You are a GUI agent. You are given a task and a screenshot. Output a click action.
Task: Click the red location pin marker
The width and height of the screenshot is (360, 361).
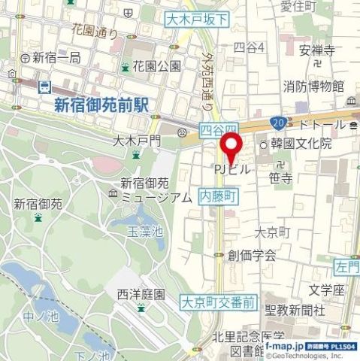point(231,145)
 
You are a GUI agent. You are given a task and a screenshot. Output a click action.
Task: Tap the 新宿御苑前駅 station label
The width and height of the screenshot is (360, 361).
point(101,106)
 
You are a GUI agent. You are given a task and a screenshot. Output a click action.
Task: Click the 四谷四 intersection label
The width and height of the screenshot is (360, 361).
point(219,129)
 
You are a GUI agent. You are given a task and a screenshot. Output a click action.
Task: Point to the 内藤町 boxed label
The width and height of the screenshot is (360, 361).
point(218,195)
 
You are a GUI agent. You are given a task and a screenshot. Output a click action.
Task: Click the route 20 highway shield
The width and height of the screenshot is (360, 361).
point(280,121)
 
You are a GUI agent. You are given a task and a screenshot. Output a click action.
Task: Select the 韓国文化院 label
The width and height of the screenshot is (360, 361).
point(301,144)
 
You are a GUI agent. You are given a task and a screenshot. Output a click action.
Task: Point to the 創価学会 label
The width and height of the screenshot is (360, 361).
point(253,254)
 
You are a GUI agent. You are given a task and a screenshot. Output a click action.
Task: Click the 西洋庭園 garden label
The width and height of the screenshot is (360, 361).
point(141,293)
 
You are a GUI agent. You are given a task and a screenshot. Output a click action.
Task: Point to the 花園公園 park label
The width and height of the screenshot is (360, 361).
point(157,65)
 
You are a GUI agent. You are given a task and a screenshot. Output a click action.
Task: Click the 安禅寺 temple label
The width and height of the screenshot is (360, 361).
point(316,51)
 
